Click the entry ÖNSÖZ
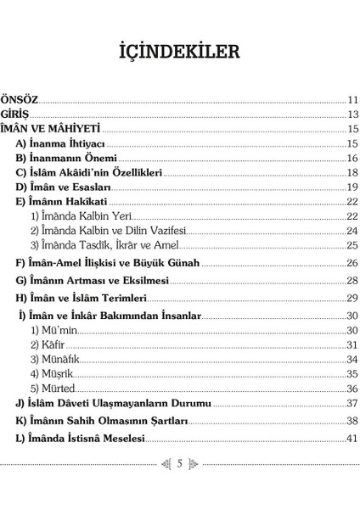20,99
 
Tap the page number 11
352,100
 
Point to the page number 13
352,115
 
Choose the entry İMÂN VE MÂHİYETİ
51,129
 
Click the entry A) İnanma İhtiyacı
60,143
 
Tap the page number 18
352,172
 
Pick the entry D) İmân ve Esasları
64,187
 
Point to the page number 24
352,231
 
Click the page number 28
352,280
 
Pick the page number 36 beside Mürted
352,388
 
